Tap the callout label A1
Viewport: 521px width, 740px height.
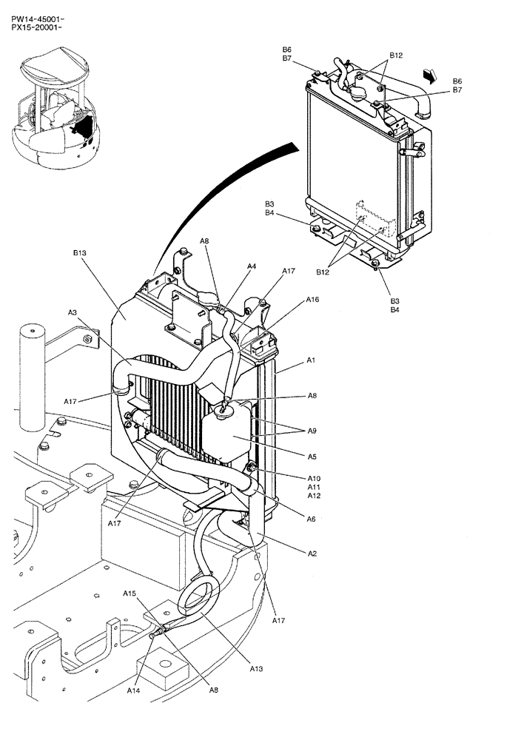pyautogui.click(x=312, y=360)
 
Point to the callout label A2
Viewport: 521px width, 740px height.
pyautogui.click(x=312, y=553)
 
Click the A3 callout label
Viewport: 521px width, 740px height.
pyautogui.click(x=73, y=313)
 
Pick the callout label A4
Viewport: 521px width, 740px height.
pyautogui.click(x=252, y=266)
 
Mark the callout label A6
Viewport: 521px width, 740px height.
pyautogui.click(x=312, y=519)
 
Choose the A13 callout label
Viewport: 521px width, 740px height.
pyautogui.click(x=256, y=668)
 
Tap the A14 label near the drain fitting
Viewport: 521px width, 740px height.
pyautogui.click(x=132, y=690)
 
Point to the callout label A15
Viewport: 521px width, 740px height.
pyautogui.click(x=130, y=593)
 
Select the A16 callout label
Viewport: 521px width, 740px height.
pyautogui.click(x=312, y=300)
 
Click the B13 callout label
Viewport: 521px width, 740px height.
pyautogui.click(x=80, y=253)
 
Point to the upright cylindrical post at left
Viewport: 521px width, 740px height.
pyautogui.click(x=32, y=377)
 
